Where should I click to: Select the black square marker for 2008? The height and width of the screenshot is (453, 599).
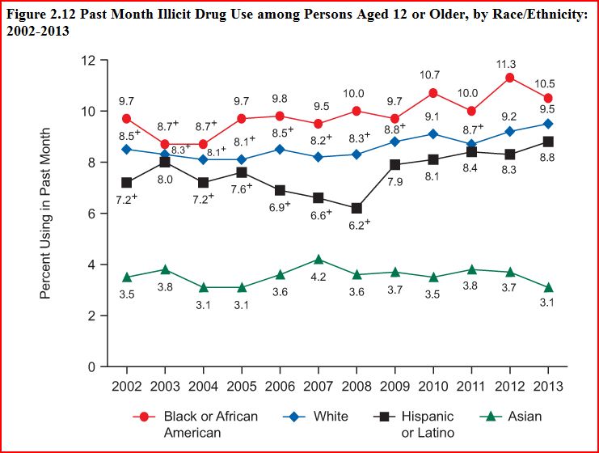click(x=357, y=208)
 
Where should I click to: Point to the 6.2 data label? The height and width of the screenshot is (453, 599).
click(x=357, y=224)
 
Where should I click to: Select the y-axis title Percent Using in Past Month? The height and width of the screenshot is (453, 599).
click(x=46, y=213)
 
